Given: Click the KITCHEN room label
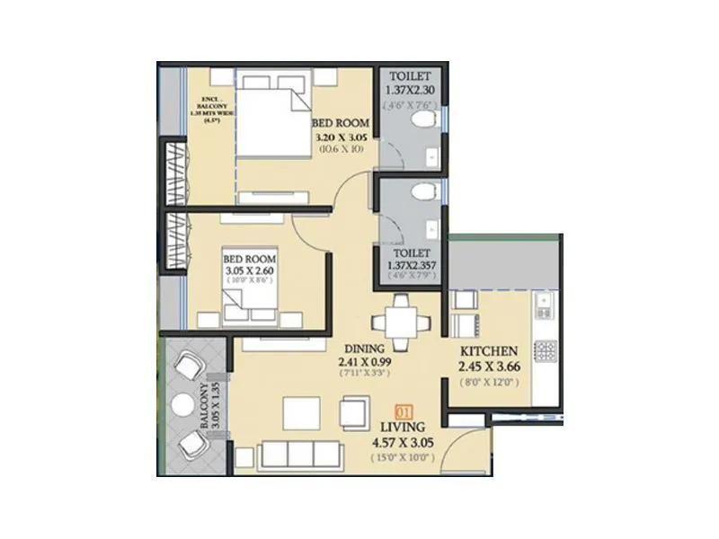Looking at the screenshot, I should tap(488, 350).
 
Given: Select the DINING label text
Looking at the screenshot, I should tap(363, 348).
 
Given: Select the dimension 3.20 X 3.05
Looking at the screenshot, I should tap(341, 137).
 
